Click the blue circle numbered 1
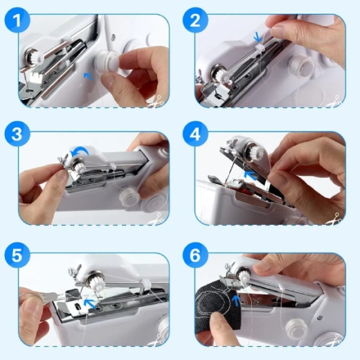[17, 20]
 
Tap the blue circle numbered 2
[195, 20]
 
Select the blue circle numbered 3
[17, 134]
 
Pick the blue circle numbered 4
[195, 134]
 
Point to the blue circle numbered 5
[17, 255]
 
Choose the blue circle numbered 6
[195, 255]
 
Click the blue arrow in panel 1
[88, 76]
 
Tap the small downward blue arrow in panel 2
[258, 37]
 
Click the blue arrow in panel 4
[250, 175]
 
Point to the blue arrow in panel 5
[90, 303]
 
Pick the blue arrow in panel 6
[236, 301]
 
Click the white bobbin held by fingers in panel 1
[108, 62]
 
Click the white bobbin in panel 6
[296, 327]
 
